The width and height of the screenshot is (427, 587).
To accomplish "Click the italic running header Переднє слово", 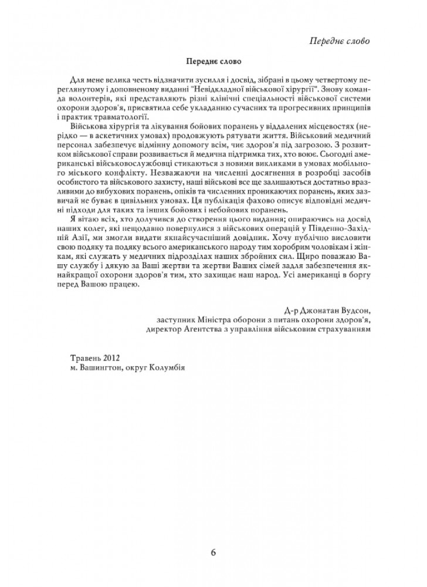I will tap(339, 40).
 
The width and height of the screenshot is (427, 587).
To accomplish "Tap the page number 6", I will tap(213, 553).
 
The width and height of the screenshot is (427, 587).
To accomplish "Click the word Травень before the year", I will tap(84, 357).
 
